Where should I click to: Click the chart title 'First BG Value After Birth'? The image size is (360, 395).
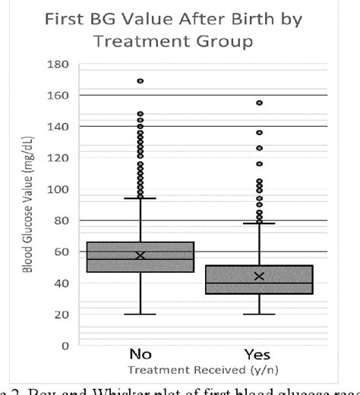point(180,21)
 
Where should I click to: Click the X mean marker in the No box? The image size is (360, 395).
point(141,255)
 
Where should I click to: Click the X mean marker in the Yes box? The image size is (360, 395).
point(260,276)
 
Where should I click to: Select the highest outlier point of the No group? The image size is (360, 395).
point(141,81)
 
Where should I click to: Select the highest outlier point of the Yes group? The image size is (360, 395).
point(260,103)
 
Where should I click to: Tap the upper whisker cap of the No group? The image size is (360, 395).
point(141,198)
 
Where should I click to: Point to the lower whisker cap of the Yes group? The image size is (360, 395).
point(260,314)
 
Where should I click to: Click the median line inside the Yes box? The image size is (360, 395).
point(260,283)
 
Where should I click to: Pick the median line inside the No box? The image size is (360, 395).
point(141,259)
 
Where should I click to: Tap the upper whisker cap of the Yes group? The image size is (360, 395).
point(260,223)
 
